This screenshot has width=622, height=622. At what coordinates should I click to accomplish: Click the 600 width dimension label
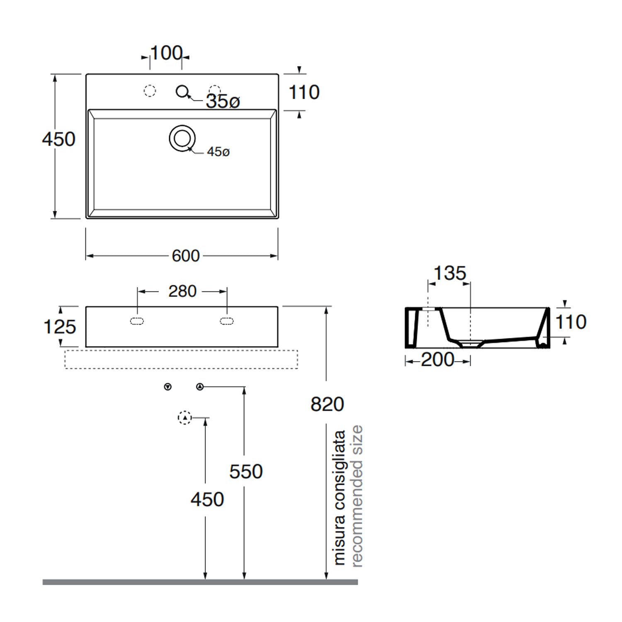[x=186, y=256]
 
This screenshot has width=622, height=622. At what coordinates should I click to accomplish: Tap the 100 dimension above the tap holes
[x=166, y=53]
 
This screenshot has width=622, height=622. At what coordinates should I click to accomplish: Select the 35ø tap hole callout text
[x=223, y=101]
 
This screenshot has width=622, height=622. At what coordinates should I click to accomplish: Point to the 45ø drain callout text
[x=218, y=152]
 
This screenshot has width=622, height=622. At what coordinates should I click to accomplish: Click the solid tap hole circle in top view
[x=182, y=91]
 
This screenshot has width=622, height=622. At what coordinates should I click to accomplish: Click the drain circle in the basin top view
[x=182, y=138]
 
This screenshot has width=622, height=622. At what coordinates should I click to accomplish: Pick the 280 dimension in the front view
[x=182, y=291]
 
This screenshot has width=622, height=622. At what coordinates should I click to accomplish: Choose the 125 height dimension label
[x=60, y=327]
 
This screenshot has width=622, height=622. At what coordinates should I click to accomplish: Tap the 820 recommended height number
[x=327, y=404]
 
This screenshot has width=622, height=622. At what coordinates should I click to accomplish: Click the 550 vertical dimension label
[x=246, y=471]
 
